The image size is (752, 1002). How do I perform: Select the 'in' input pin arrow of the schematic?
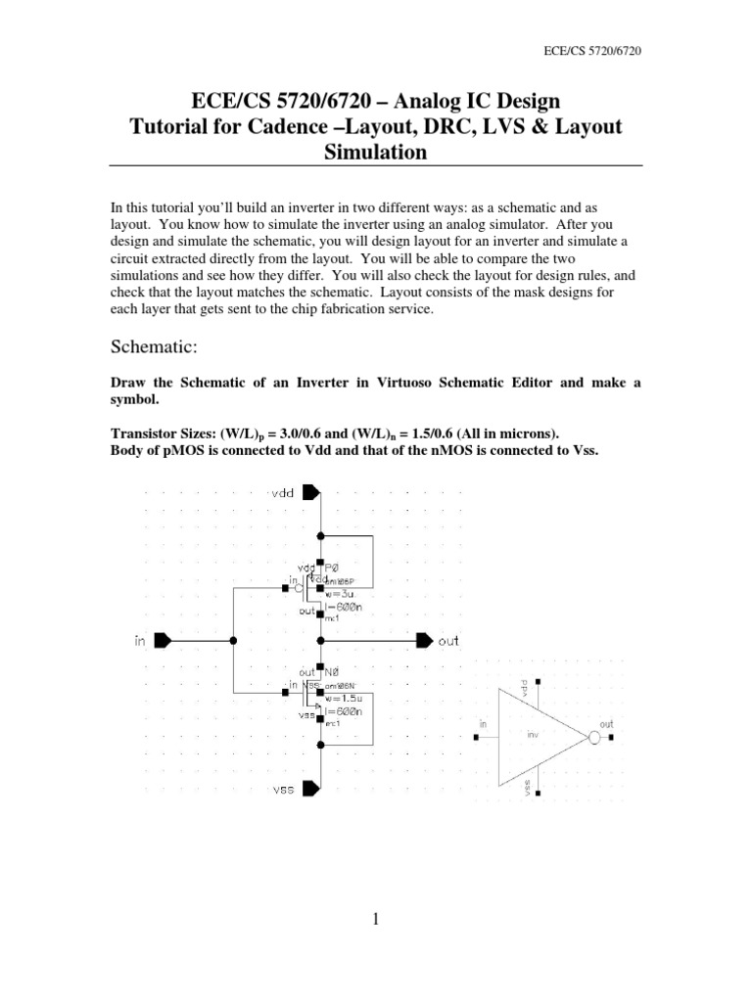coord(164,640)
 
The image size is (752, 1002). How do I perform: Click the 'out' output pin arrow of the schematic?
coord(424,640)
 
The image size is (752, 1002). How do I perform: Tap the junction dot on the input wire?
coord(233,640)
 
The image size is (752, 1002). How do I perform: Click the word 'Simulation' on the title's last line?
coord(376,153)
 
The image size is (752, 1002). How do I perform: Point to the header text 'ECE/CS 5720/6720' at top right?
coord(597,47)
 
